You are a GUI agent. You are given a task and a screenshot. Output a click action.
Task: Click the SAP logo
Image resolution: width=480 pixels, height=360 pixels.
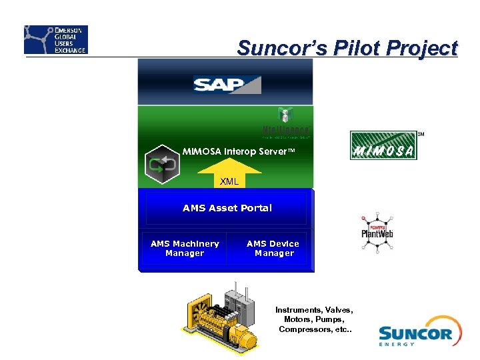pyautogui.click(x=227, y=84)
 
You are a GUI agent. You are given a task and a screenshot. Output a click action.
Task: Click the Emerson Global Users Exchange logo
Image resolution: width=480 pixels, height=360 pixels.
pyautogui.click(x=56, y=40)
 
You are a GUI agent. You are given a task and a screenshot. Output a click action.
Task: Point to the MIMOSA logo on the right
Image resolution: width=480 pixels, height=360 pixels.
pyautogui.click(x=383, y=145)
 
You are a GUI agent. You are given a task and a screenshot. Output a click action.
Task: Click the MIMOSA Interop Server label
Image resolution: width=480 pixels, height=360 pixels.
pyautogui.click(x=238, y=151)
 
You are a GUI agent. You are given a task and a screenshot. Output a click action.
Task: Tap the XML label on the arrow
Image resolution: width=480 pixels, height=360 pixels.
pyautogui.click(x=229, y=181)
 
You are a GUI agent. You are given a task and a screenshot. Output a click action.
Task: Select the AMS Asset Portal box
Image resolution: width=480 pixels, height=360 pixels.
pyautogui.click(x=227, y=208)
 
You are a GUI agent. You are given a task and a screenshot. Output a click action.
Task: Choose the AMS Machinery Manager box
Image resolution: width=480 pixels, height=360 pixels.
pyautogui.click(x=184, y=249)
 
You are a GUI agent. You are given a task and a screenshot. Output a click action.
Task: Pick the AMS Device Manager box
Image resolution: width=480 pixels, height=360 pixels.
pyautogui.click(x=273, y=249)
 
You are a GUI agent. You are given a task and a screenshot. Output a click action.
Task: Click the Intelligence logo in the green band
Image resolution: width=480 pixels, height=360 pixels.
pyautogui.click(x=286, y=123)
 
